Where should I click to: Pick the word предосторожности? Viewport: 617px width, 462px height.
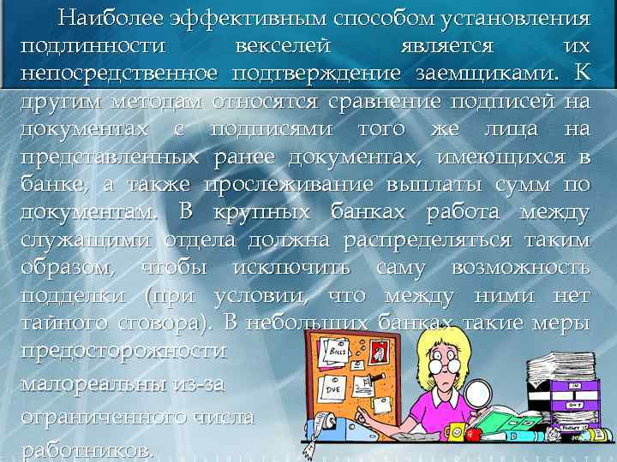[x=123, y=350]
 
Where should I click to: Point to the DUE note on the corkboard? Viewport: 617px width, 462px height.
[x=335, y=390]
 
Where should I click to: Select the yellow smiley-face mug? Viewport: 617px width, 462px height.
[x=453, y=432]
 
